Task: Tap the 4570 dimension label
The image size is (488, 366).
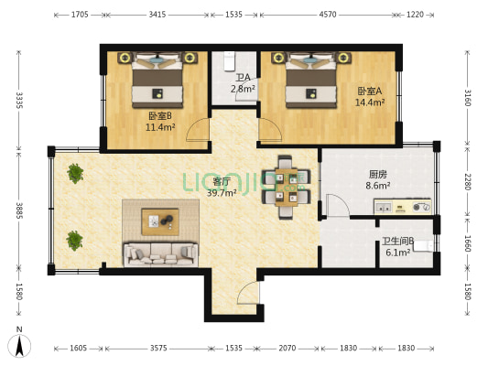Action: click(328, 15)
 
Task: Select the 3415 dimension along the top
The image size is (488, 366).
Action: click(157, 15)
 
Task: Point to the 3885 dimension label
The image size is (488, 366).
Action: click(19, 210)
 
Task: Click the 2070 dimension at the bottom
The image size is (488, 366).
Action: click(287, 348)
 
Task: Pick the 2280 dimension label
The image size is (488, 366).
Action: click(468, 181)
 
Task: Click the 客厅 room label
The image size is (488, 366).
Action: click(222, 181)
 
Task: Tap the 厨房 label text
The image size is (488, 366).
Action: click(378, 175)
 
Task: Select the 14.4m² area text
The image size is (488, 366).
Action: click(370, 102)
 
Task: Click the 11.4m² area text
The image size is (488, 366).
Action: click(160, 127)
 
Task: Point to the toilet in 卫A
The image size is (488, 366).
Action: click(230, 61)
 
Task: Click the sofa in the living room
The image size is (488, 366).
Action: click(161, 254)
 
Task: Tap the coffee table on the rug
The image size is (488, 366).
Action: click(160, 221)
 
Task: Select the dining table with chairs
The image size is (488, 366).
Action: click(286, 188)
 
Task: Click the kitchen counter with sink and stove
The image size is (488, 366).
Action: click(403, 207)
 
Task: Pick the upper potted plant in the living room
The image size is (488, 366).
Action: click(75, 174)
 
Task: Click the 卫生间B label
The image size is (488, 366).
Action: click(398, 242)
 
